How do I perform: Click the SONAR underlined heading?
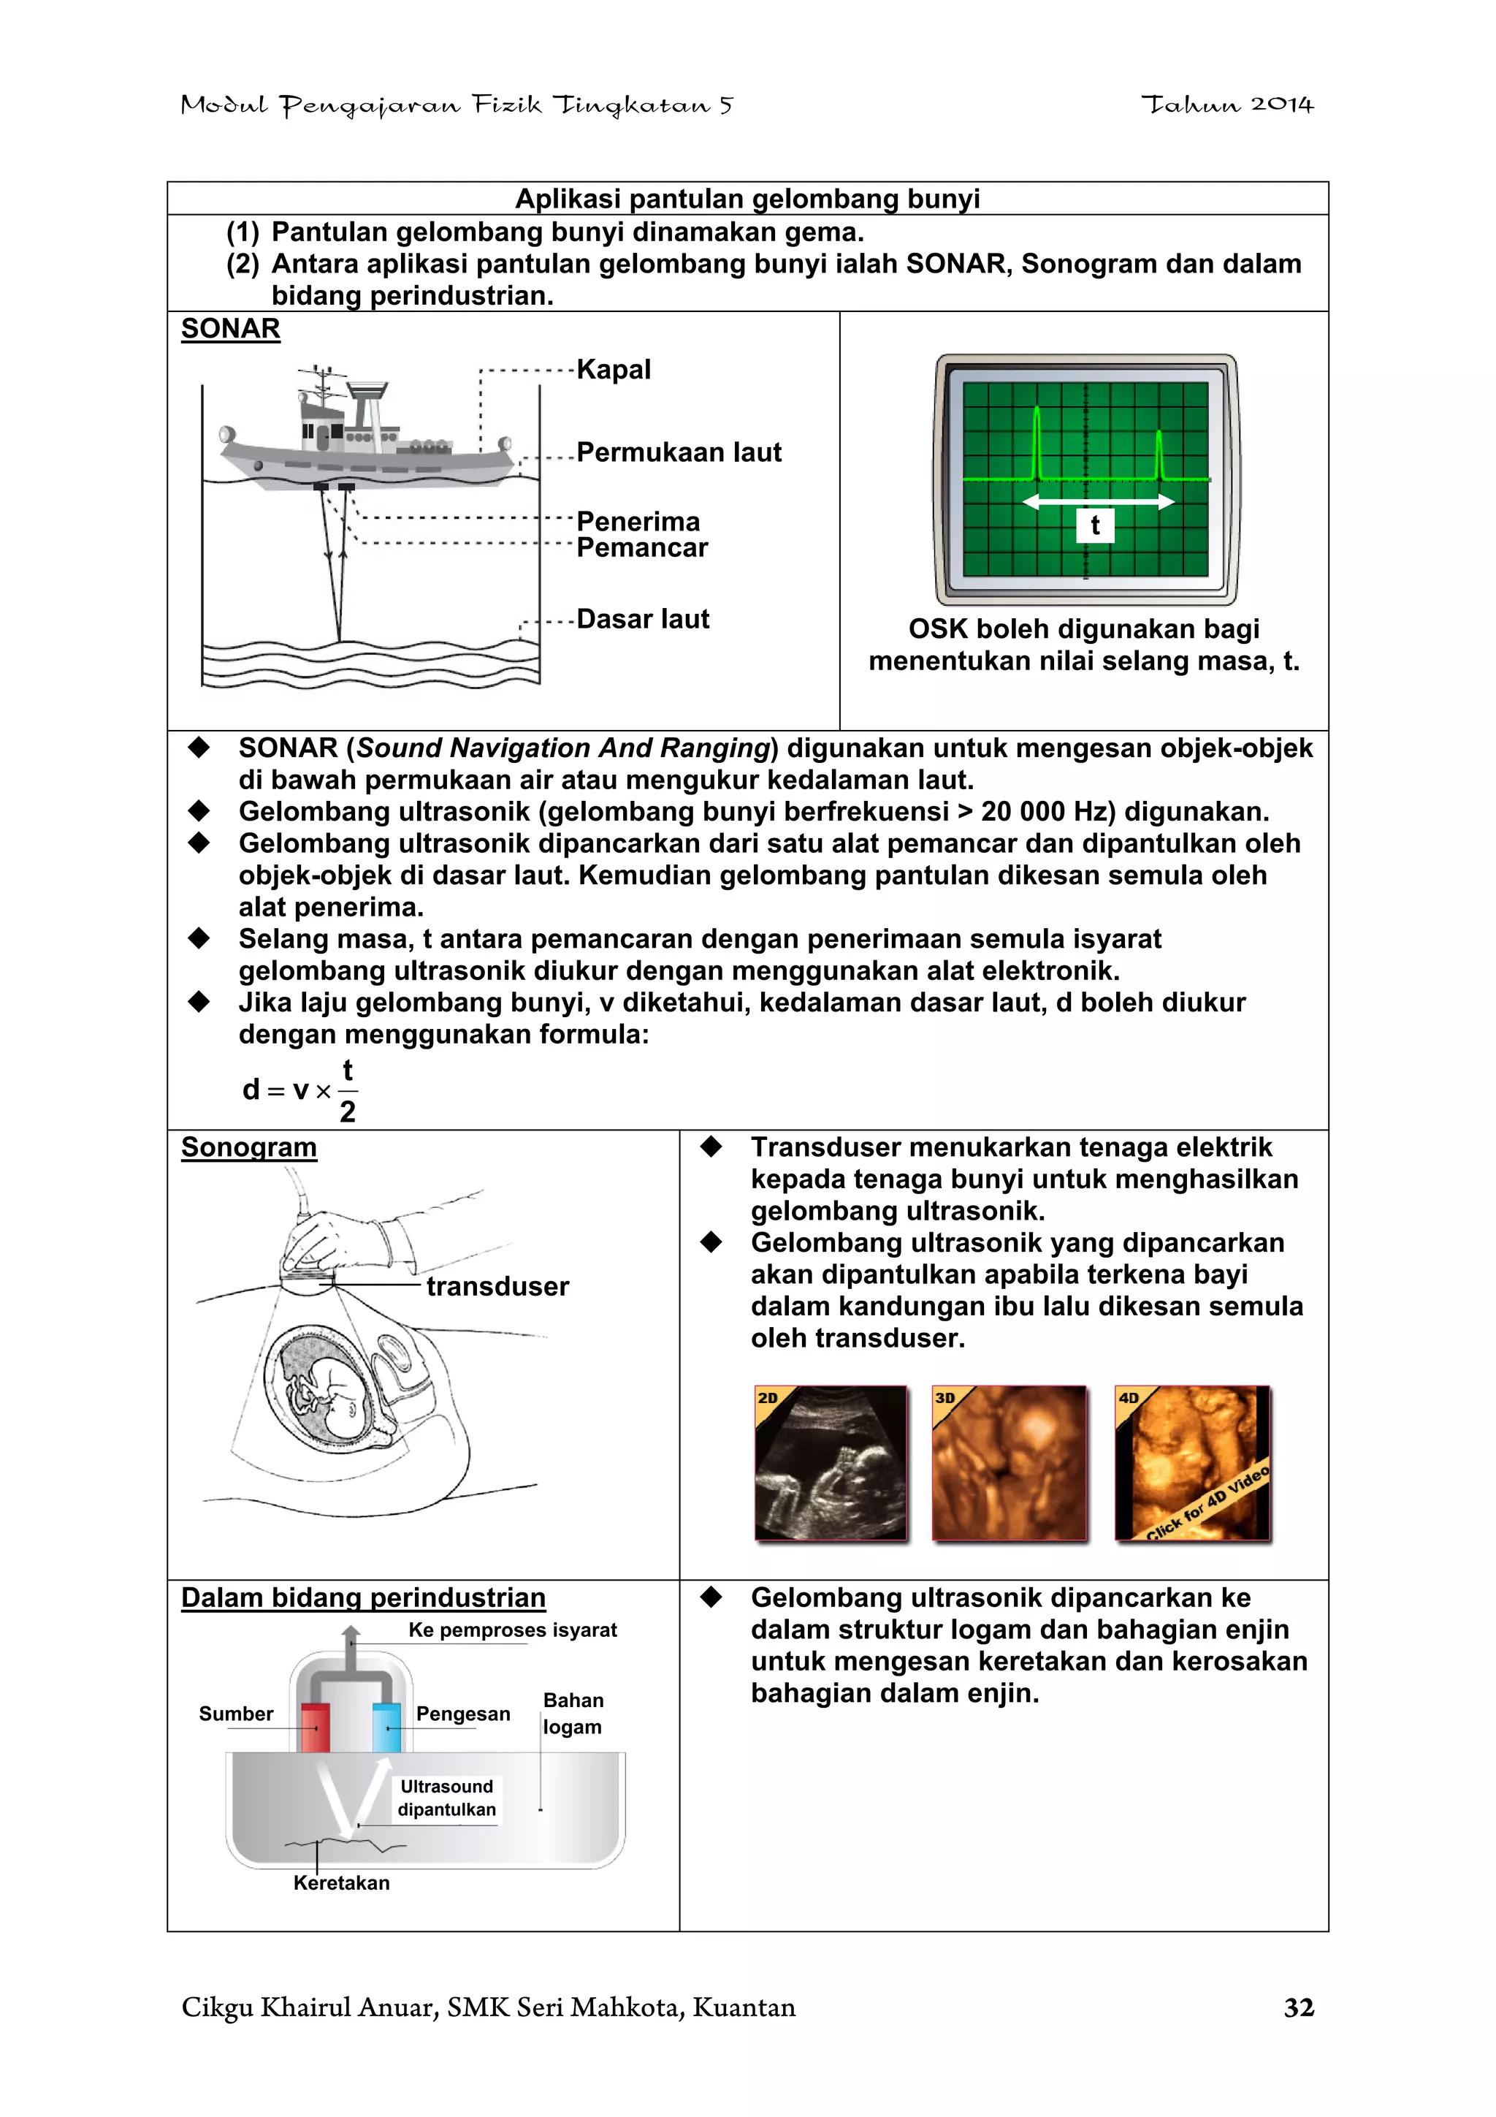[230, 329]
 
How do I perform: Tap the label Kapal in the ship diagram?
[614, 370]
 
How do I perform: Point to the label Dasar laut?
[643, 619]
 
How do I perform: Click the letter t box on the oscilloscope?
[1095, 525]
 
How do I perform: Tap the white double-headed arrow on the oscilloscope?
[1098, 501]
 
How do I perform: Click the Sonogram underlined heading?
[249, 1147]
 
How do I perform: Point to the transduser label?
[497, 1286]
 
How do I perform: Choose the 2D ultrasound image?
[831, 1462]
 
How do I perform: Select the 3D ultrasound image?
[1010, 1462]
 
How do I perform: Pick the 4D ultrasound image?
[1192, 1462]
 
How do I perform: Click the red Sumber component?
[316, 1727]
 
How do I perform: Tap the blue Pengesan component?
[386, 1727]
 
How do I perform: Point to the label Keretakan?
[341, 1883]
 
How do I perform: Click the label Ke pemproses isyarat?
[513, 1630]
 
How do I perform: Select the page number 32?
[1299, 2007]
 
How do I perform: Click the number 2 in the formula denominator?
[348, 1112]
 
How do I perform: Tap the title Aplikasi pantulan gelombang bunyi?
[747, 199]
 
